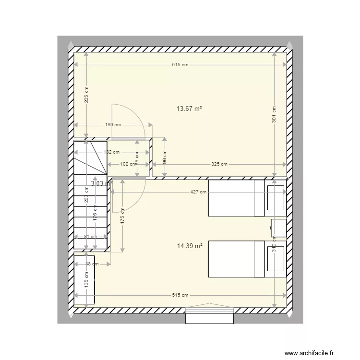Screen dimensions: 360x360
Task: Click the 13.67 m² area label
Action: coord(189,109)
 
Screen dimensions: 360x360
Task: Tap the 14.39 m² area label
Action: coord(190,246)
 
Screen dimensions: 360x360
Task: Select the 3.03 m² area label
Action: coord(101,183)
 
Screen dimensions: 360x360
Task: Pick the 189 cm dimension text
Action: coord(114,125)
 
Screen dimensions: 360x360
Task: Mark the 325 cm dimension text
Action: coord(219,164)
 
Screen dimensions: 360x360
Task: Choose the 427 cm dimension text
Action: coord(198,192)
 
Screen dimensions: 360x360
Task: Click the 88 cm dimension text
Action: coord(92,264)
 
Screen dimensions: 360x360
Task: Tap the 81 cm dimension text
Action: coord(90,236)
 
